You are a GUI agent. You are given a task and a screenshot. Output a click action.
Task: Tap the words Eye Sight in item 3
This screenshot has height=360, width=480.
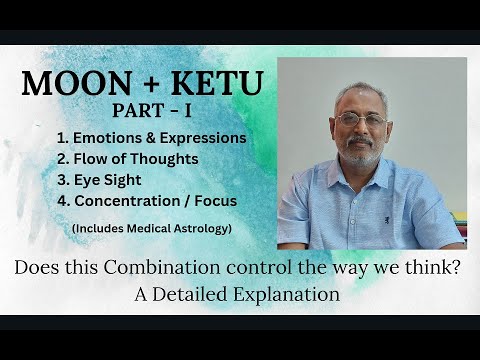106,180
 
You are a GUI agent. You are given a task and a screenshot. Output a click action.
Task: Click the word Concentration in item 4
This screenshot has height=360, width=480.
125,201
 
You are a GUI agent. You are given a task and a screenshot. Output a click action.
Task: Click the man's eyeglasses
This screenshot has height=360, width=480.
361,119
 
